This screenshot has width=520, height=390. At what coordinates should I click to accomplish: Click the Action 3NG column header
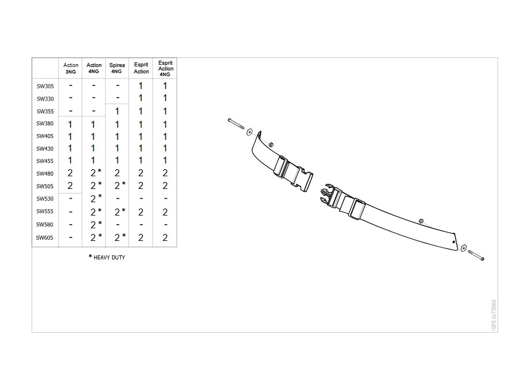(70, 68)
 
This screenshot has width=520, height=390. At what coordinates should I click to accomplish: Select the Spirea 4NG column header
(117, 68)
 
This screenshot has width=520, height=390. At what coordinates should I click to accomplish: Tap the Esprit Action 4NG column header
(165, 69)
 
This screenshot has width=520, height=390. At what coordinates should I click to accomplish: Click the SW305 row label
(45, 86)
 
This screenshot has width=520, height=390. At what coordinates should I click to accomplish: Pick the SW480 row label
(44, 173)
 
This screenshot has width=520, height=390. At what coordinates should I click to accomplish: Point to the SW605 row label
(44, 237)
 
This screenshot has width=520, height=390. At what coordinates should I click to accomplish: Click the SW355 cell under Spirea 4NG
(117, 111)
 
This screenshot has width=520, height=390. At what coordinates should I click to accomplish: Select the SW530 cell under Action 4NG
(96, 198)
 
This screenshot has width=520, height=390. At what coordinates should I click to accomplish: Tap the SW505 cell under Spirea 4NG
(120, 185)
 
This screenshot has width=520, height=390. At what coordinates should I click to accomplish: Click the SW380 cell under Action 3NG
(70, 124)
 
